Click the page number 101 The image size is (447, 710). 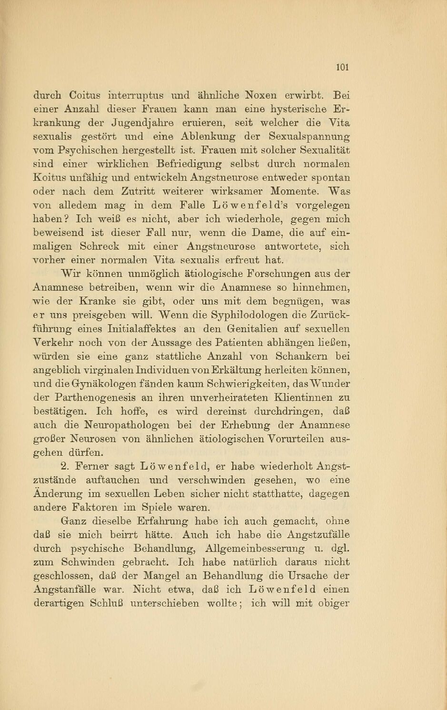coord(342,67)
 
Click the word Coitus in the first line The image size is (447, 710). coord(85,95)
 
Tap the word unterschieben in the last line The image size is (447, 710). coord(165,604)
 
